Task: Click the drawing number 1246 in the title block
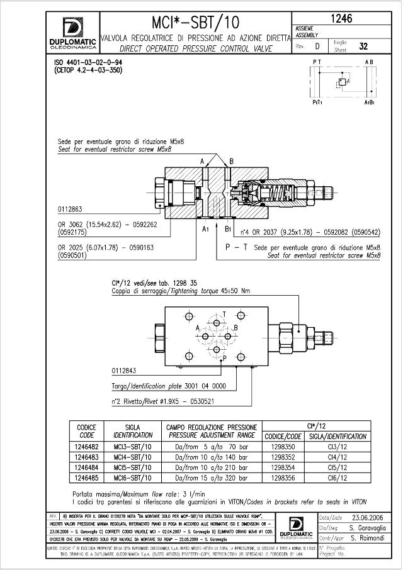[x=345, y=20]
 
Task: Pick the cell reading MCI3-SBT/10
[x=133, y=447]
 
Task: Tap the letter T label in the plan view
[x=225, y=313]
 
